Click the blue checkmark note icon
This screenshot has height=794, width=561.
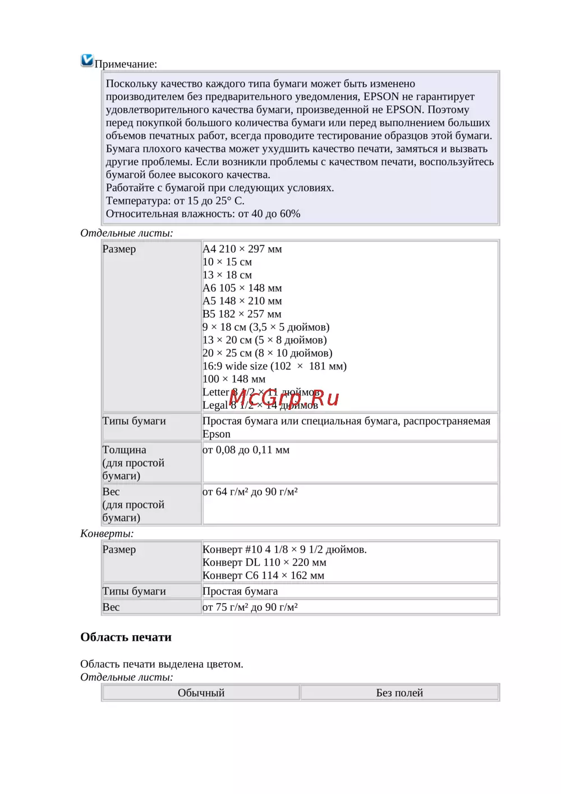(x=87, y=61)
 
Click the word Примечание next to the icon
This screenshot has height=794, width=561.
(x=126, y=64)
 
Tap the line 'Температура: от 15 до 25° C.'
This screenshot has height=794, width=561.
(x=175, y=201)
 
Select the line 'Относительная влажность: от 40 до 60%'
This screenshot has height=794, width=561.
(x=203, y=214)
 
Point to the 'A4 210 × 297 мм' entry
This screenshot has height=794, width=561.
(x=242, y=249)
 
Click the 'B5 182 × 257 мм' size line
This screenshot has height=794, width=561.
(x=242, y=314)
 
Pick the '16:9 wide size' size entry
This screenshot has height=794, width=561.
(x=274, y=366)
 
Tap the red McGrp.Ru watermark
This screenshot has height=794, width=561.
(x=284, y=398)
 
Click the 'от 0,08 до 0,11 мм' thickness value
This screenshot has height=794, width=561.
(x=246, y=450)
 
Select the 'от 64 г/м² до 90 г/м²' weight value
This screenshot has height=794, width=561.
(x=250, y=492)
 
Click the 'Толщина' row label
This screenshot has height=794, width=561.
(x=125, y=450)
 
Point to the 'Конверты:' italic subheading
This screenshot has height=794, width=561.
(x=107, y=533)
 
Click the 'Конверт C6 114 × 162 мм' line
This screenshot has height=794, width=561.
(x=263, y=576)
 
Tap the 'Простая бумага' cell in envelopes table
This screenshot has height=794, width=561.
(x=240, y=591)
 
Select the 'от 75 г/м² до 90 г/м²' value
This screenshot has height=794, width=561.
(x=250, y=607)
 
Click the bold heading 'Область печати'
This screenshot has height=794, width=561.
(x=126, y=637)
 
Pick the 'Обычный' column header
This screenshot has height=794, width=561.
(x=201, y=693)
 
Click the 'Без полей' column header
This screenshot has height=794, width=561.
(x=399, y=693)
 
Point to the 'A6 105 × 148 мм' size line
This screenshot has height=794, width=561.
(x=242, y=288)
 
